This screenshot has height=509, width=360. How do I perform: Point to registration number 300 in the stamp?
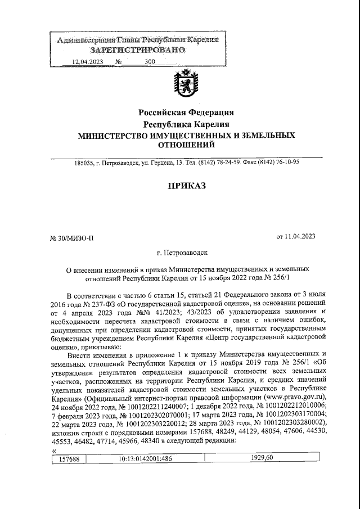point(150,62)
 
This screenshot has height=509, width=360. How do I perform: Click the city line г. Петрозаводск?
point(183,254)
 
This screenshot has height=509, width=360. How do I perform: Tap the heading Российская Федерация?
point(186,112)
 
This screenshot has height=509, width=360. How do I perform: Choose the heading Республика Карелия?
point(186,124)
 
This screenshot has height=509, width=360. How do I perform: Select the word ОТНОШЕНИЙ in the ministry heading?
point(186,146)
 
